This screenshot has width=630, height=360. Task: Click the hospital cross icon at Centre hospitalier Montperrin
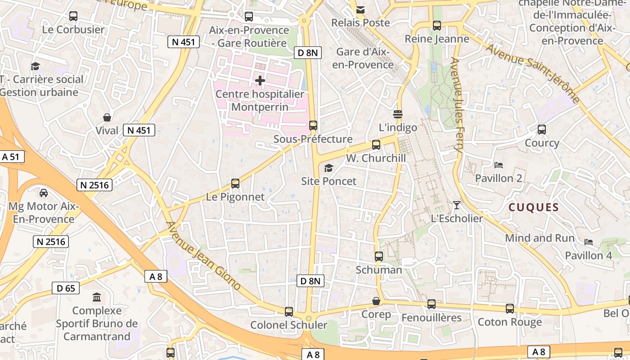click(260, 81)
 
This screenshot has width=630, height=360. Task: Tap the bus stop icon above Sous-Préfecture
click(313, 126)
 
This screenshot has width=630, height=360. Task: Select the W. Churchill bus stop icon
click(376, 145)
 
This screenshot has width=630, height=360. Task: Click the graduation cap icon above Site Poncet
click(329, 168)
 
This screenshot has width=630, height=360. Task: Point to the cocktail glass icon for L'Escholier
click(457, 205)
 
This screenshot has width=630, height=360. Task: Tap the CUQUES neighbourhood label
click(533, 207)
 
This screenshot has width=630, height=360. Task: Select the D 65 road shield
click(66, 288)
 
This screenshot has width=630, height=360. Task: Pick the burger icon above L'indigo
click(398, 114)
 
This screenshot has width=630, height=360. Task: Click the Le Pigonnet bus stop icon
click(235, 184)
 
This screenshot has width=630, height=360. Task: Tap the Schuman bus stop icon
click(379, 256)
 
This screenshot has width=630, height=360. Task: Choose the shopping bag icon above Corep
click(376, 301)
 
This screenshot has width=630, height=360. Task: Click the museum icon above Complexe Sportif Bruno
click(97, 297)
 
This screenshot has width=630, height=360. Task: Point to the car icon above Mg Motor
click(44, 193)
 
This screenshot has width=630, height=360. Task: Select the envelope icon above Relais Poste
click(360, 9)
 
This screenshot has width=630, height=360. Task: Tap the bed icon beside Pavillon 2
click(498, 165)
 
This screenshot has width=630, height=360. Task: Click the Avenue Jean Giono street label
click(203, 256)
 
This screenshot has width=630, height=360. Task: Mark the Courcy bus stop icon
click(542, 130)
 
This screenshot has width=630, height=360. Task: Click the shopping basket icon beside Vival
click(107, 118)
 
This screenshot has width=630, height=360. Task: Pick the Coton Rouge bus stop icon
click(510, 309)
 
